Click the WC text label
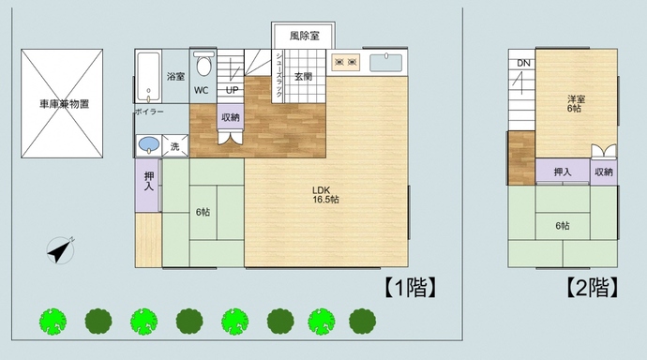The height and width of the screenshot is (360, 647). (x=202, y=91)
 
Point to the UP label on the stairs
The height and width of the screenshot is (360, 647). (x=232, y=91)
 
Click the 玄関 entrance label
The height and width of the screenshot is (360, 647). (x=303, y=76)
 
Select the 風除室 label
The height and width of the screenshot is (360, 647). (x=304, y=36)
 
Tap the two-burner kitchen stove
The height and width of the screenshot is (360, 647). (x=345, y=62)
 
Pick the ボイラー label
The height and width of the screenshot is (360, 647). (x=149, y=112)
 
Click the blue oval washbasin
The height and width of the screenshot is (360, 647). (x=148, y=145)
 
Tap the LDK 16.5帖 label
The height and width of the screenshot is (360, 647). (x=325, y=195)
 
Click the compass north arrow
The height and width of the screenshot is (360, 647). (x=61, y=250)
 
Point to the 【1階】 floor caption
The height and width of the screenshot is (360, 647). (x=412, y=287)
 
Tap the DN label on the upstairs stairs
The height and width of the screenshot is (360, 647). (x=522, y=64)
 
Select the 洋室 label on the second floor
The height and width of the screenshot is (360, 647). (x=576, y=103)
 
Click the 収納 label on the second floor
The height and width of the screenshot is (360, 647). (x=604, y=172)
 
